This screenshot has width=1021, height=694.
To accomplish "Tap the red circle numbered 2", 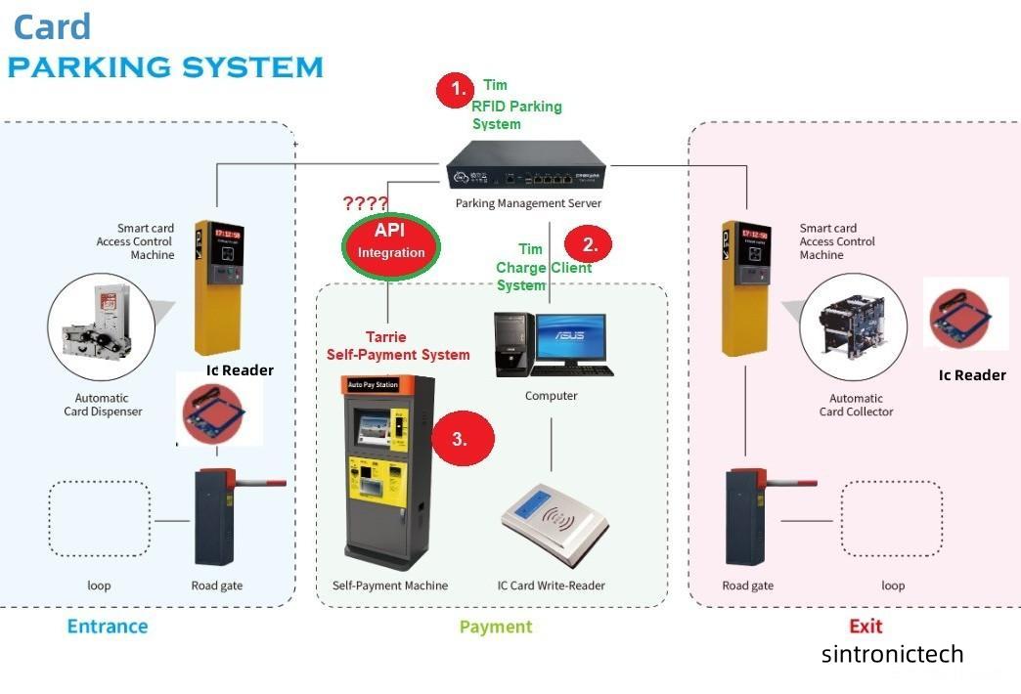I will click(x=590, y=242).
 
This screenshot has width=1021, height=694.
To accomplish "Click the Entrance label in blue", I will click(x=108, y=627).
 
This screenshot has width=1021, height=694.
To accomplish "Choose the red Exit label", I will click(x=865, y=626).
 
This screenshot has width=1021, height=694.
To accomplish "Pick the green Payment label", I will click(x=496, y=627).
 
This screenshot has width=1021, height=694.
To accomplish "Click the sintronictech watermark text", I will click(x=892, y=654).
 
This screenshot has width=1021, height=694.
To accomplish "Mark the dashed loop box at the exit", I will click(x=891, y=519).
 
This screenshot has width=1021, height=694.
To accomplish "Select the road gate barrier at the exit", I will click(x=746, y=518).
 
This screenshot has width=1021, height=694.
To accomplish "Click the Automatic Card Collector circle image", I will click(x=847, y=330).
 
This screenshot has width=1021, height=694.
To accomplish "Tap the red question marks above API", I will click(x=366, y=204).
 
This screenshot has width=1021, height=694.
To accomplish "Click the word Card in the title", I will click(x=52, y=26).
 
